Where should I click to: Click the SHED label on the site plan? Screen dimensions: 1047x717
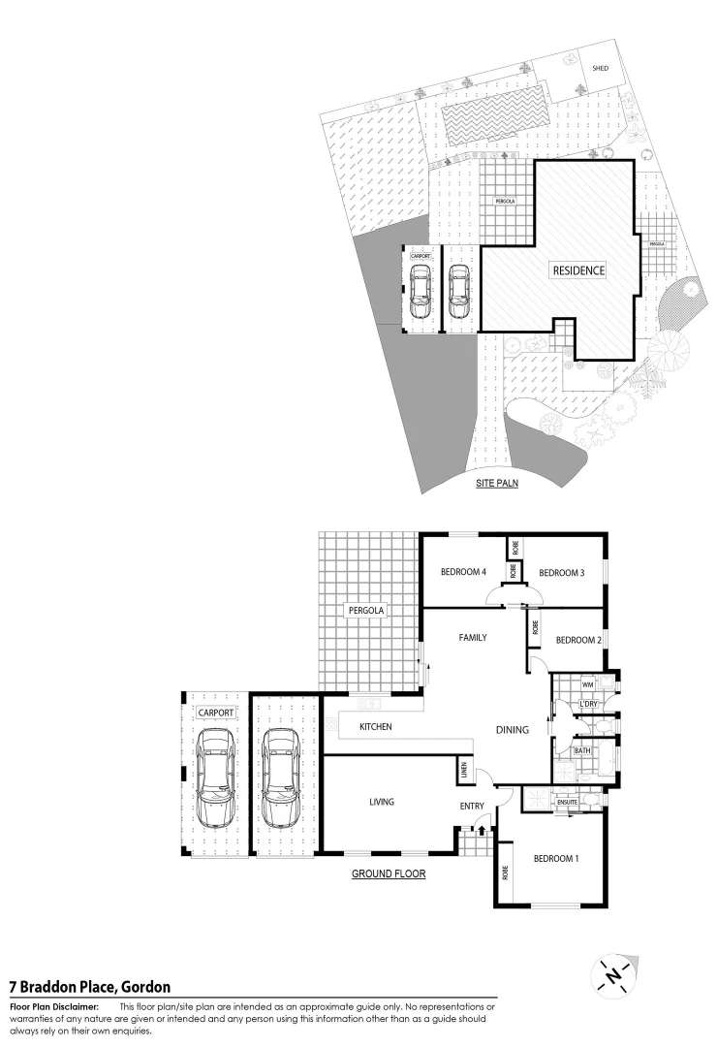pos(600,69)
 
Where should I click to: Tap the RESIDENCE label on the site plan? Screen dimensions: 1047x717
pos(578,270)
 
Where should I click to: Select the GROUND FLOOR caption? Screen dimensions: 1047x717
pos(389,873)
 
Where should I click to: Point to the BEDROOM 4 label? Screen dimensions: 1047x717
pos(462,572)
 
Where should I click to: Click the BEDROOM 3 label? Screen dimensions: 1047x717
pos(562,572)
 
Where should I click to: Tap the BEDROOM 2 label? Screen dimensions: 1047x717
pos(579,640)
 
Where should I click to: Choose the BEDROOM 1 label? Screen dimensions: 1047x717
pos(556,857)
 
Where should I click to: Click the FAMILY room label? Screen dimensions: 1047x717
pos(473,637)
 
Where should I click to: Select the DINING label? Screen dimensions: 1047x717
pos(513,730)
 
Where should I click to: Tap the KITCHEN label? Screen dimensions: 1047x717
pos(375,726)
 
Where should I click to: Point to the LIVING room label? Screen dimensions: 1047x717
pos(381,802)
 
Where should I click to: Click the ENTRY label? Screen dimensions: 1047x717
pos(472,807)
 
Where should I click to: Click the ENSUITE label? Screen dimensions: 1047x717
pos(568,802)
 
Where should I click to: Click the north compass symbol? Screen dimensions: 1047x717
pos(611,975)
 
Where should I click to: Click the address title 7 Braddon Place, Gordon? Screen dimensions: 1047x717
pos(89,987)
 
